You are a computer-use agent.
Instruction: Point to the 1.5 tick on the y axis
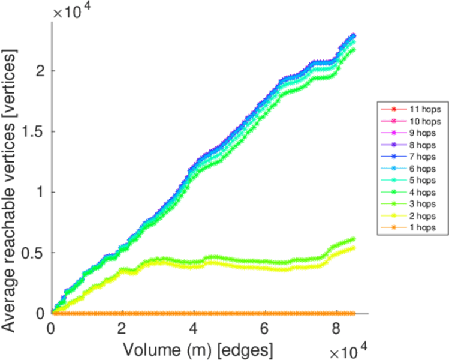click(x=33, y=131)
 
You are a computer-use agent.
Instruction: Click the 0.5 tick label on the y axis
click(x=33, y=253)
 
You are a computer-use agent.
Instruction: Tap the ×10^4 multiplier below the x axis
click(x=348, y=348)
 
